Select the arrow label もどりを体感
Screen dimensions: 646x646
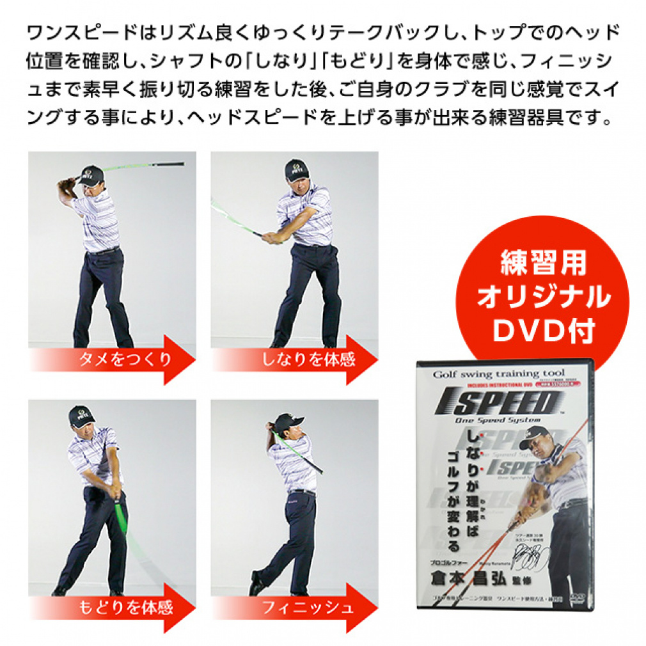click(x=125, y=606)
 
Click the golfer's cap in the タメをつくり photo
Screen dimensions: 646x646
click(x=92, y=173)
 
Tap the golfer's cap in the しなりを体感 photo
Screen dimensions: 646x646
click(x=296, y=168)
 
